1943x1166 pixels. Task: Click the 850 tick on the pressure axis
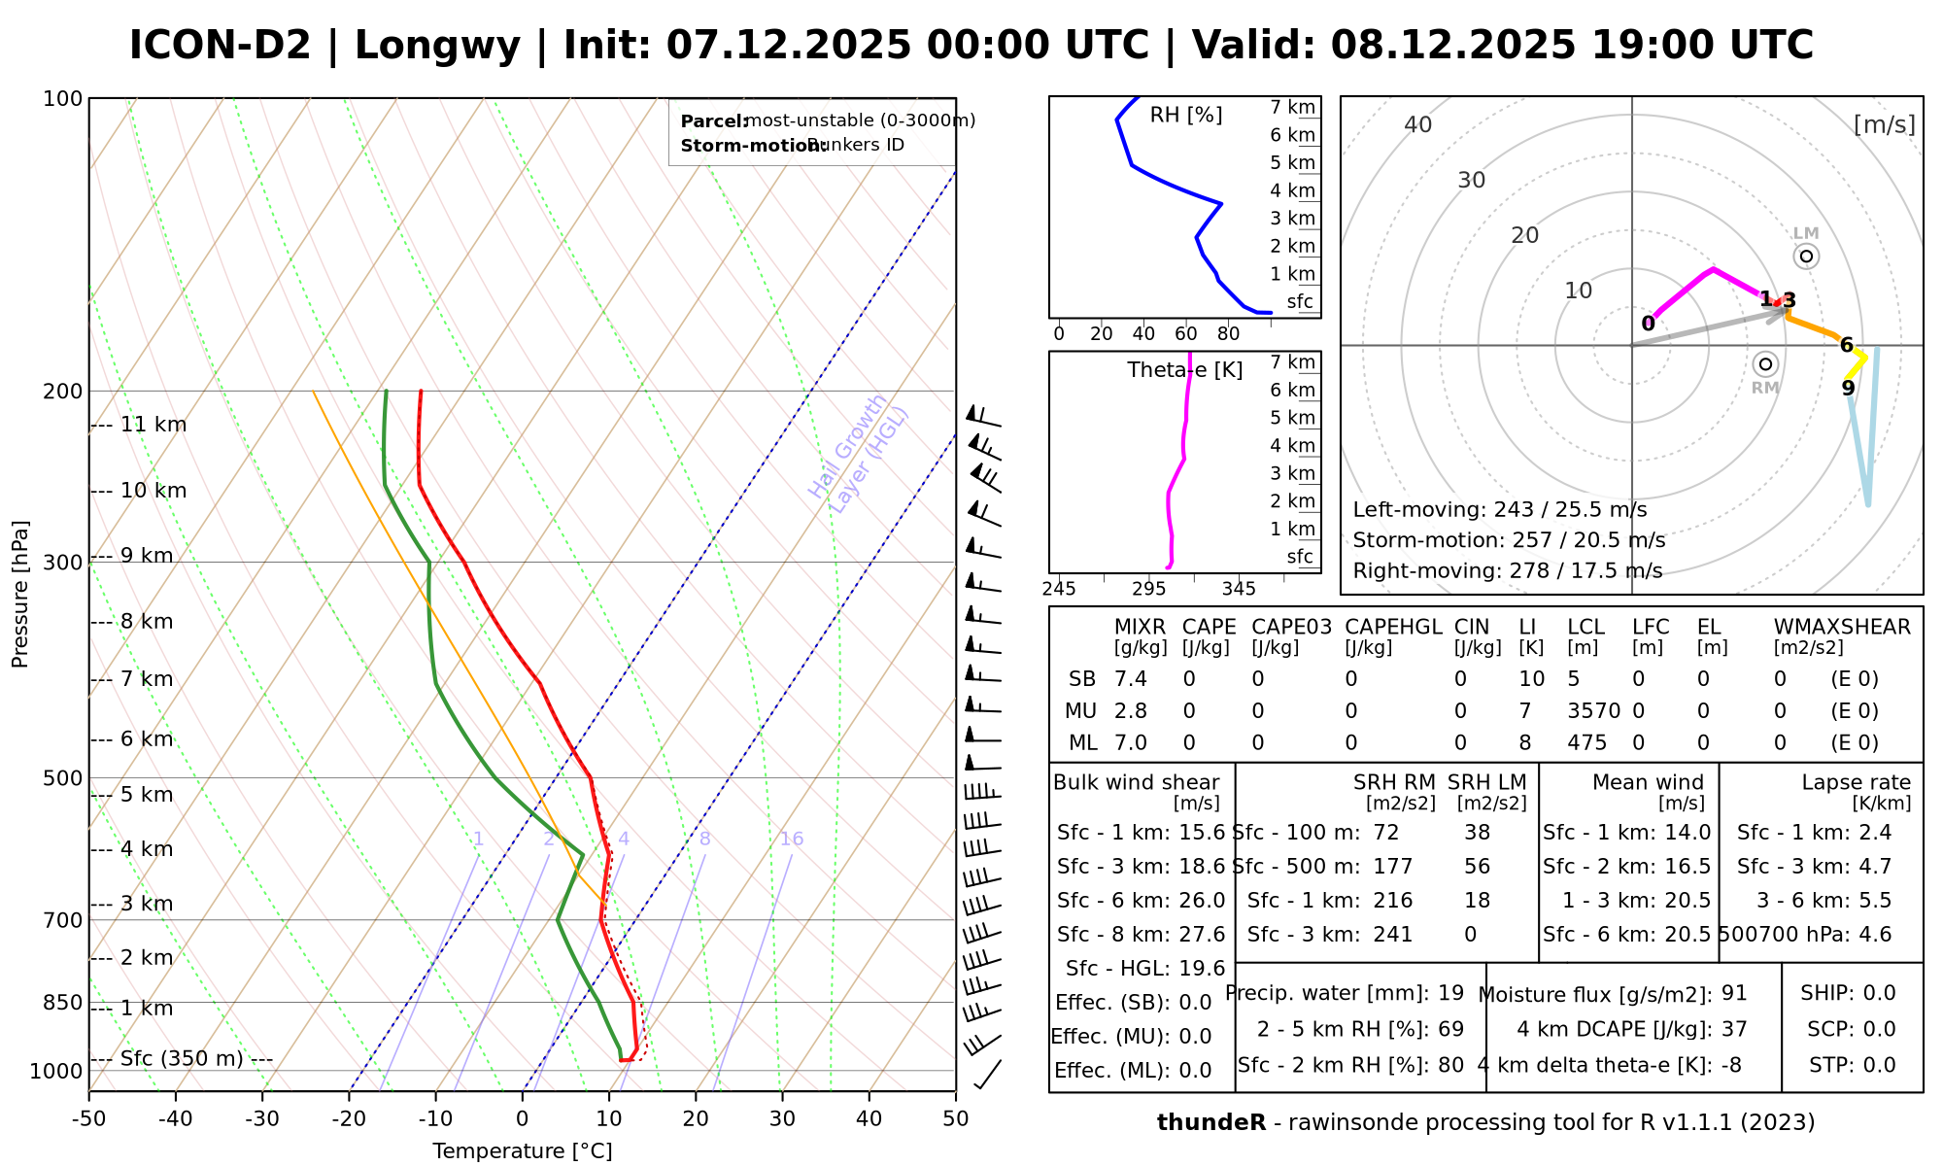pos(62,1002)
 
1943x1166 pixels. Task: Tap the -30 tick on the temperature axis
pos(262,1118)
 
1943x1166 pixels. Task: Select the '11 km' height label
pos(153,425)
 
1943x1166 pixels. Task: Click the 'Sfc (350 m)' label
pos(182,1058)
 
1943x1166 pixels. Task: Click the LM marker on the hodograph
pos(1806,256)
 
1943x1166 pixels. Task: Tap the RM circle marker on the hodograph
pos(1765,364)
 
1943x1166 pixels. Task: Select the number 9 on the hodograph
pos(1848,389)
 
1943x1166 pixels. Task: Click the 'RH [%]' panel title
pos(1185,116)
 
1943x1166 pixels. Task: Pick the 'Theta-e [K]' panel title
pos(1184,370)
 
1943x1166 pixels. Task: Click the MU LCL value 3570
pos(1593,711)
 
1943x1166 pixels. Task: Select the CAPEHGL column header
pos(1393,628)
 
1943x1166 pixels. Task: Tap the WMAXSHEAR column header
pos(1842,628)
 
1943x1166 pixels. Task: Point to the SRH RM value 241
pos(1392,935)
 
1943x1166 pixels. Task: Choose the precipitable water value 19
pos(1450,993)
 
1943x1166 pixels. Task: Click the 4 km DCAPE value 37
pos(1734,1029)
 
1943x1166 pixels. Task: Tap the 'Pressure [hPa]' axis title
pos(20,594)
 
